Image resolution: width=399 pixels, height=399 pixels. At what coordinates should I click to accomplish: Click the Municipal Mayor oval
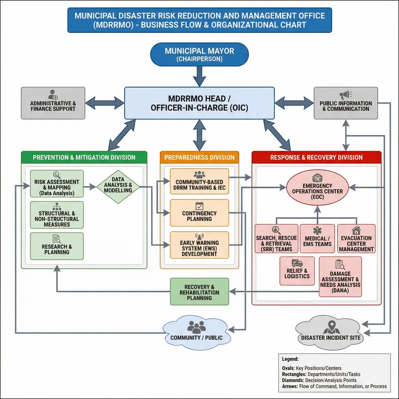click(x=199, y=54)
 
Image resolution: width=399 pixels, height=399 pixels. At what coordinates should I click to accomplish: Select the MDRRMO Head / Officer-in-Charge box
click(x=199, y=103)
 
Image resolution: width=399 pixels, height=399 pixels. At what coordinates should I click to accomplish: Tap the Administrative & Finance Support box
click(x=53, y=103)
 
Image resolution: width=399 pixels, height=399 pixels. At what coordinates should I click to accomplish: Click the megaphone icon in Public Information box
click(x=345, y=95)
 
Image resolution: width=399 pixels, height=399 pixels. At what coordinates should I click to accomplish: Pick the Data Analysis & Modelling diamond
click(x=118, y=187)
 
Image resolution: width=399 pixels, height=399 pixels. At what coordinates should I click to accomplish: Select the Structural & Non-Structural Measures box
click(x=57, y=215)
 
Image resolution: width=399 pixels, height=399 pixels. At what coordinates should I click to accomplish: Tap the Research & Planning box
click(x=57, y=246)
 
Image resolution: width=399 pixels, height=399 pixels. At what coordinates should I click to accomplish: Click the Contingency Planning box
click(x=199, y=213)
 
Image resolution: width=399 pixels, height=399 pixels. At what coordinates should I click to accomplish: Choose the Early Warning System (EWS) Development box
click(x=199, y=245)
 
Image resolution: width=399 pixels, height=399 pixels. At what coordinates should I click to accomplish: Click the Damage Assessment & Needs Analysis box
click(x=340, y=277)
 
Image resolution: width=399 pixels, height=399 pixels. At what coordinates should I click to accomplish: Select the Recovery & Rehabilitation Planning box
click(x=199, y=291)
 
